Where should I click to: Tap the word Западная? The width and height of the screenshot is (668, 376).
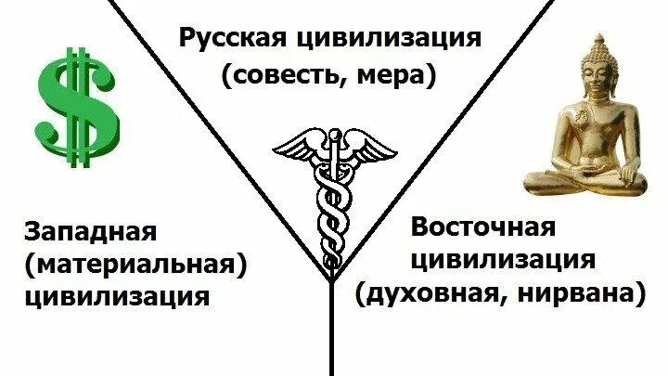coord(90,231)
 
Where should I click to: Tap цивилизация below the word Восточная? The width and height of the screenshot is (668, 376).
coord(503,261)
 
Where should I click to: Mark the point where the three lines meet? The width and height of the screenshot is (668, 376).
coord(332,279)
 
